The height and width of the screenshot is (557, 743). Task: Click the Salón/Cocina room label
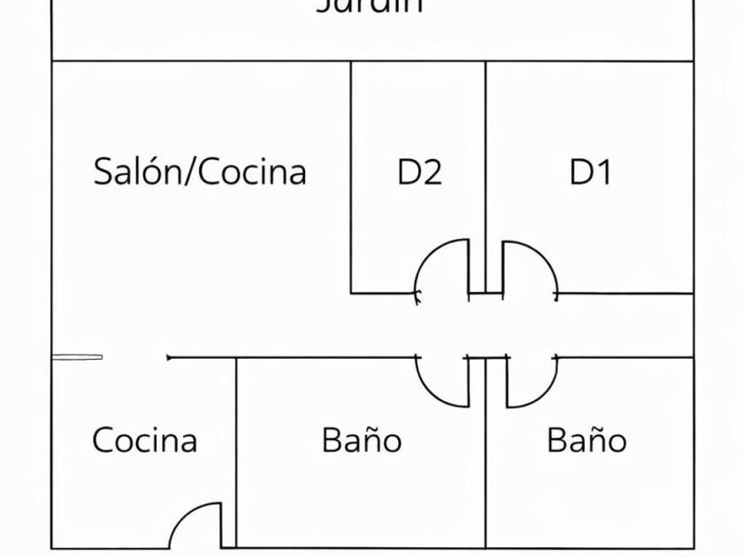tap(200, 171)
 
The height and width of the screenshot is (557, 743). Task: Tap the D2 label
tap(418, 172)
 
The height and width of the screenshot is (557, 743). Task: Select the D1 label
tap(590, 172)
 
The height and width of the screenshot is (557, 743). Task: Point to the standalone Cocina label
tap(144, 439)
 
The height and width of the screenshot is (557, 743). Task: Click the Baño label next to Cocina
tap(361, 439)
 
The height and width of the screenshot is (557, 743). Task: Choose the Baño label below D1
tap(586, 439)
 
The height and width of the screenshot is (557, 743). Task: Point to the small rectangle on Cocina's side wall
tap(77, 357)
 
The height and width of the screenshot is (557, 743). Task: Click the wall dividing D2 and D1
tap(486, 159)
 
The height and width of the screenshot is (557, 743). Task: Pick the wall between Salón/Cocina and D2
tap(351, 177)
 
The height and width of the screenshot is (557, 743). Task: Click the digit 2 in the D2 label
tap(431, 172)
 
